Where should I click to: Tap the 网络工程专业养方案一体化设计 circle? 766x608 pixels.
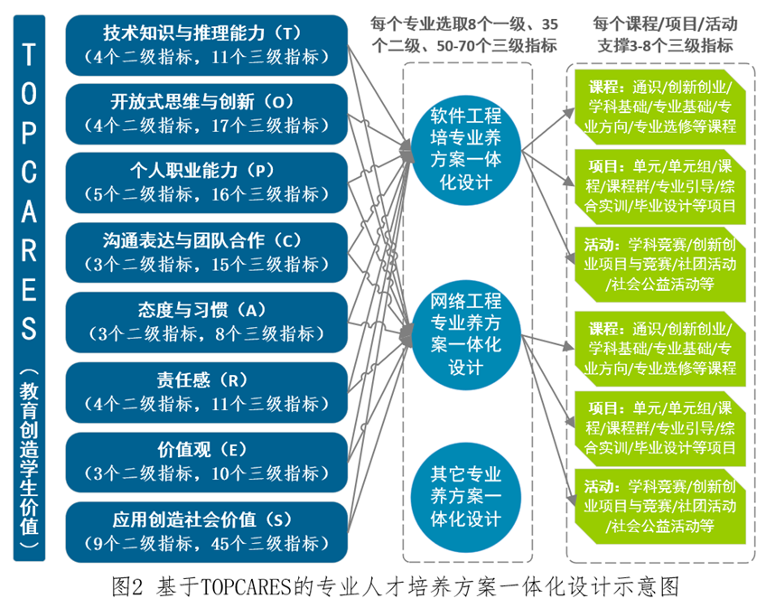pyautogui.click(x=466, y=334)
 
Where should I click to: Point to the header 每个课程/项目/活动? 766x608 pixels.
pyautogui.click(x=663, y=22)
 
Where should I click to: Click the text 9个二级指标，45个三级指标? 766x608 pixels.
pyautogui.click(x=207, y=543)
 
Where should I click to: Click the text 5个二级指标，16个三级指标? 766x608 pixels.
pyautogui.click(x=207, y=195)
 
